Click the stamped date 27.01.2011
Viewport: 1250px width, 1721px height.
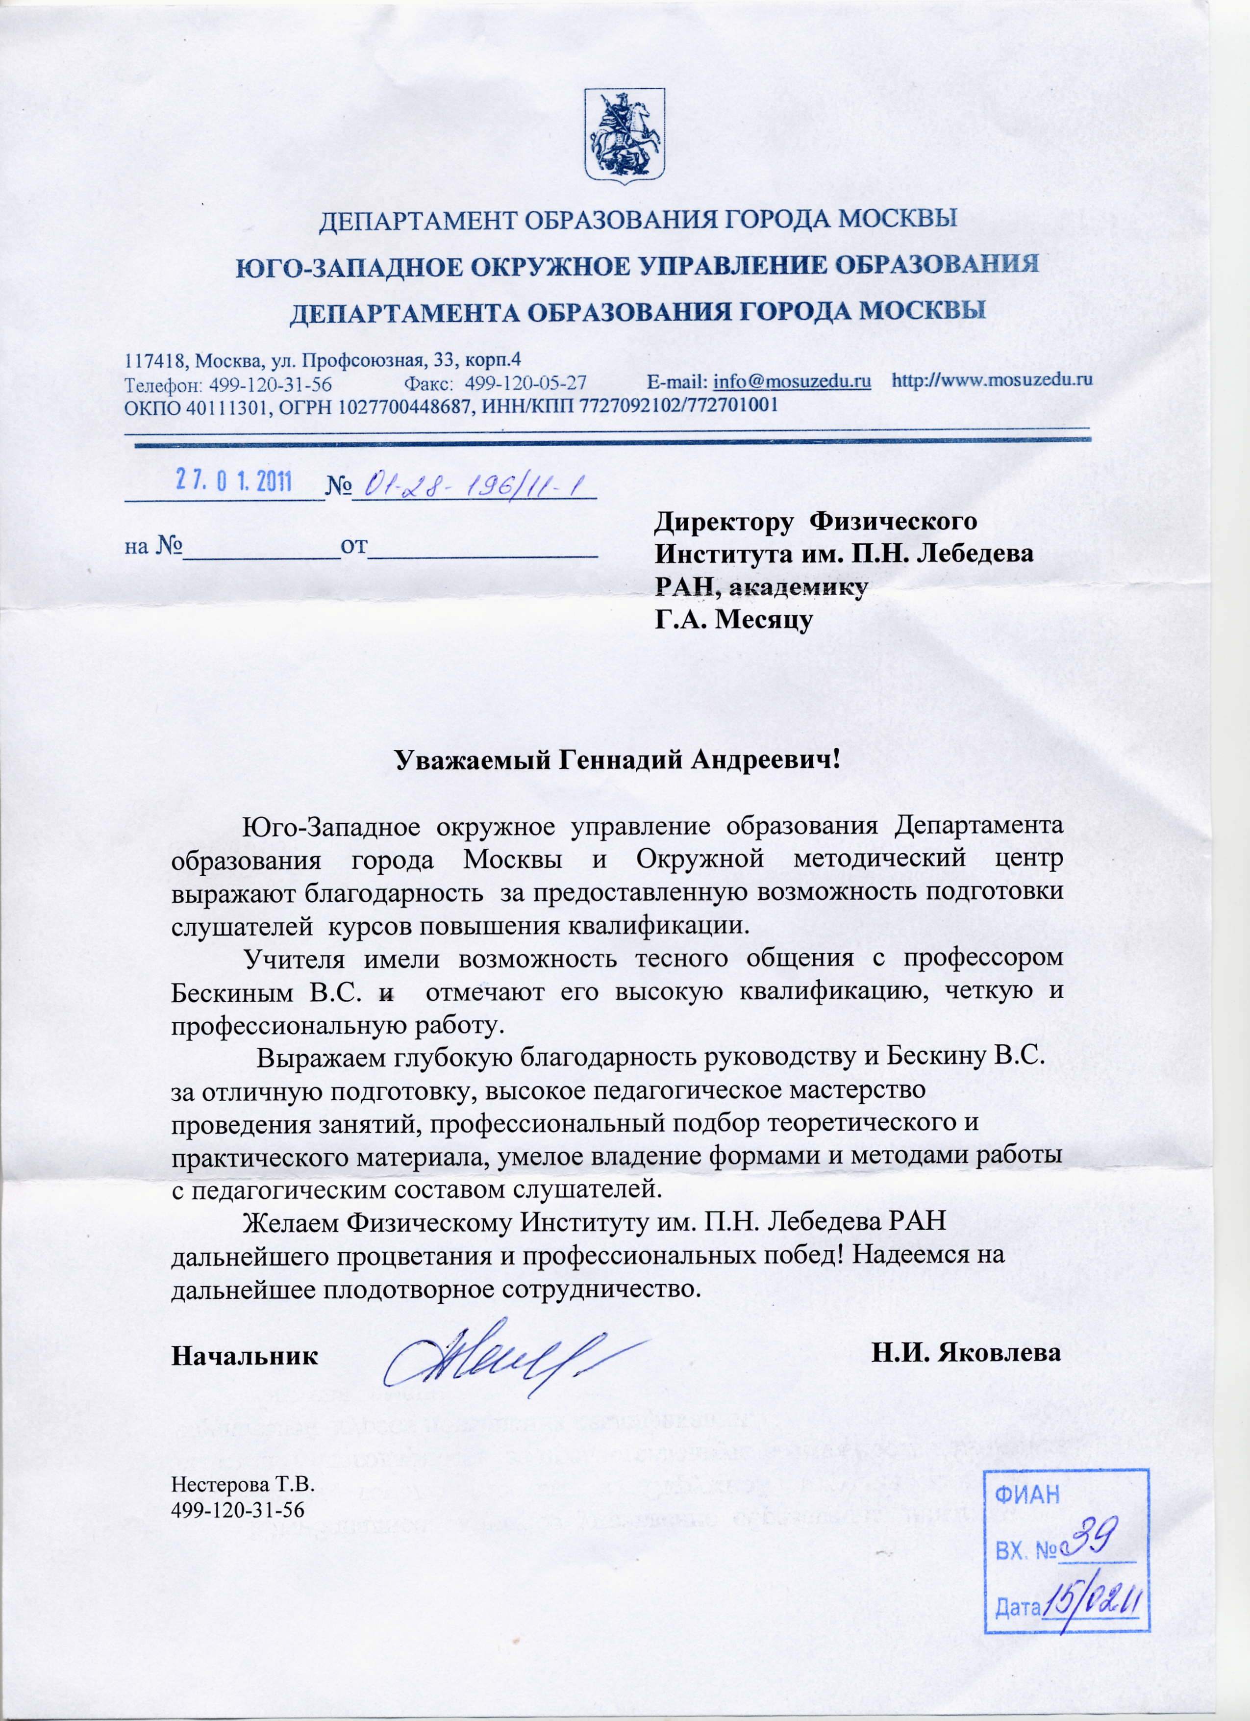(234, 481)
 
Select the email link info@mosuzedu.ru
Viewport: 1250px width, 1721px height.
(791, 381)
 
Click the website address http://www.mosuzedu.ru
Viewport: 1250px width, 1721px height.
(991, 380)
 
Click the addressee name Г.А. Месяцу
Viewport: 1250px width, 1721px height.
(733, 620)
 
